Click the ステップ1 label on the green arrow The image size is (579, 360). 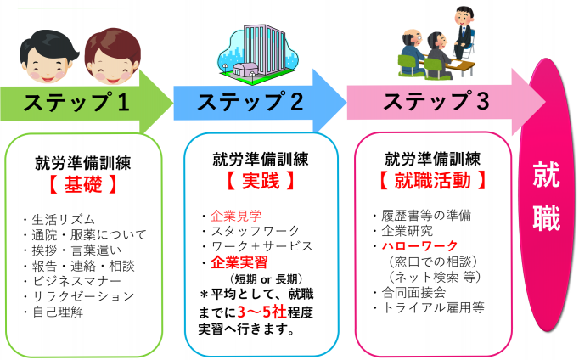click(x=76, y=102)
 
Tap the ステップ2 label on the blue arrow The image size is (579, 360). click(x=250, y=102)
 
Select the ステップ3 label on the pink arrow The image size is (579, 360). click(x=436, y=101)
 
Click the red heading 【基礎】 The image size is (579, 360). click(x=82, y=183)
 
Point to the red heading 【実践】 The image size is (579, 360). click(x=261, y=181)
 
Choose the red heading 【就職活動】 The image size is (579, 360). click(x=432, y=181)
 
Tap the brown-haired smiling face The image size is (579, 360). click(x=113, y=56)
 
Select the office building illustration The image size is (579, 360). click(x=258, y=54)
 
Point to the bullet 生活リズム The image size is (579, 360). click(x=64, y=220)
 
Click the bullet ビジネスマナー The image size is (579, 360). click(x=76, y=281)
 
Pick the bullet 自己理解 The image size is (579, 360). click(x=58, y=312)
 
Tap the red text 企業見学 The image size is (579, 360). click(x=236, y=216)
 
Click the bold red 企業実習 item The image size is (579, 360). click(x=239, y=262)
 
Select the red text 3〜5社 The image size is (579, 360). click(x=262, y=312)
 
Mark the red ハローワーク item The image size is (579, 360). click(x=420, y=245)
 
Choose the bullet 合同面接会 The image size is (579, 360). click(x=413, y=292)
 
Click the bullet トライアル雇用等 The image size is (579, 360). click(x=433, y=307)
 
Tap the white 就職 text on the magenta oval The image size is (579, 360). click(x=547, y=195)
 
